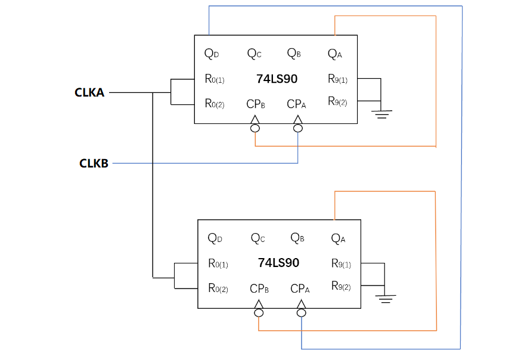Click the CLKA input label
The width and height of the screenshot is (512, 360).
click(89, 92)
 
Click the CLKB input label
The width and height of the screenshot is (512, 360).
click(94, 163)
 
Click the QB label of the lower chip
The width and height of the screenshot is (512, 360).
click(297, 238)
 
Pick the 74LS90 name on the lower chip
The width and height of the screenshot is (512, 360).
click(278, 262)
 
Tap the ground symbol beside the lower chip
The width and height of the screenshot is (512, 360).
click(387, 297)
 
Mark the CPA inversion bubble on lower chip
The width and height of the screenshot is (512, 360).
click(302, 313)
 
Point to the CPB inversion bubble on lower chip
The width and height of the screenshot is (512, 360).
click(258, 313)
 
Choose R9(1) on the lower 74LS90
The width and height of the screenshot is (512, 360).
click(342, 263)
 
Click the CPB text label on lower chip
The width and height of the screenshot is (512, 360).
click(259, 288)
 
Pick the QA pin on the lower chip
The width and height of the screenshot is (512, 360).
click(339, 238)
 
